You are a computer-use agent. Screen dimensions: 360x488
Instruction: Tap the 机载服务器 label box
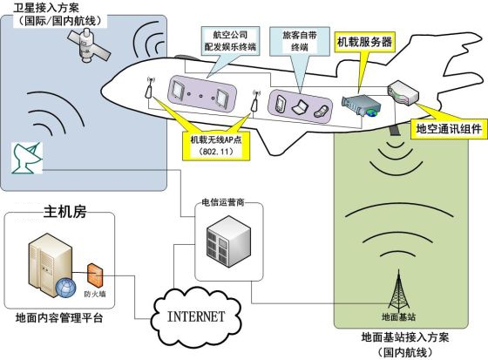click(363, 42)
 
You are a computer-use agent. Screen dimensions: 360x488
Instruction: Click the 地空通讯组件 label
click(447, 128)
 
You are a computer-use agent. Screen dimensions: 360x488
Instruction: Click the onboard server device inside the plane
click(363, 105)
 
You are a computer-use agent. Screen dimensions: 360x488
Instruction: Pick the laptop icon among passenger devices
click(300, 108)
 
